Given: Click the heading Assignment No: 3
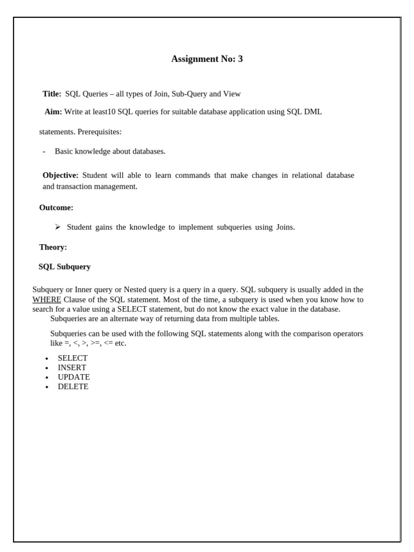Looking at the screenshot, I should point(207,59).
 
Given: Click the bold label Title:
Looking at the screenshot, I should point(52,94).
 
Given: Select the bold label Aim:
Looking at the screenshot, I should point(53,112).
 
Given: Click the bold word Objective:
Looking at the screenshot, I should point(60,176).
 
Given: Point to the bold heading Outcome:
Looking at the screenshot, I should point(56,208).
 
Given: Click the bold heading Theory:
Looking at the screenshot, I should point(53,247).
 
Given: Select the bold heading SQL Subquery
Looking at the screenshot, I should point(65,267).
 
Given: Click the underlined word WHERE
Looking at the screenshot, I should point(46,300).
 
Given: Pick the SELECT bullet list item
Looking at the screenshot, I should point(72,358).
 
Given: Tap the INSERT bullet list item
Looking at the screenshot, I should point(72,368).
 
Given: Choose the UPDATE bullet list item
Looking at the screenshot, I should point(74,377).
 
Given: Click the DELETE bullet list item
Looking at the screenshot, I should point(73,387).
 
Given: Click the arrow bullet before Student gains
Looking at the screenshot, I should point(58,227).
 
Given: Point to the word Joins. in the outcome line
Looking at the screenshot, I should point(286,227).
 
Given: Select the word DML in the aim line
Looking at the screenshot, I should point(313,112).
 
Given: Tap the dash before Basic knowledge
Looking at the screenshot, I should point(44,151).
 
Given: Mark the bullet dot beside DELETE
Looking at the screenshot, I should point(47,387).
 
